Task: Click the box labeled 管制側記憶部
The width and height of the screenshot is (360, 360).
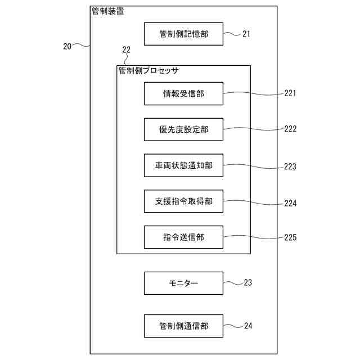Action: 183,34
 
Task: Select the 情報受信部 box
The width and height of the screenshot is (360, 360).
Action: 183,93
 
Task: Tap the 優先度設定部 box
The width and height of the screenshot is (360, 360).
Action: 183,129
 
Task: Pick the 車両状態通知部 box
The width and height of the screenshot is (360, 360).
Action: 183,165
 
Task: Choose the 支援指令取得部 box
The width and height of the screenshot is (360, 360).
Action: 183,201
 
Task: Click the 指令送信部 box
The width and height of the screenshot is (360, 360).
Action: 183,237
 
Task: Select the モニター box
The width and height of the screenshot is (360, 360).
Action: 183,283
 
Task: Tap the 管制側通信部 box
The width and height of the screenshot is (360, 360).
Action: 183,326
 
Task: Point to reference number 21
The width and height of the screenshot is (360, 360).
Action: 246,34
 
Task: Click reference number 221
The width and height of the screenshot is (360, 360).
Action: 290,93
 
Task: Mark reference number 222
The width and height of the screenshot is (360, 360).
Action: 290,129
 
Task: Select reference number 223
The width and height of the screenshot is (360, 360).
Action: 290,166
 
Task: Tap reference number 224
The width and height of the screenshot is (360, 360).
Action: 290,204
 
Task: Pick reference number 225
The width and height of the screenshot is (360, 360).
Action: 290,237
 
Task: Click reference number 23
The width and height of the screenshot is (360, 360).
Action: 247,283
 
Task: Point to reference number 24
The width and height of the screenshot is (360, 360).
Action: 247,326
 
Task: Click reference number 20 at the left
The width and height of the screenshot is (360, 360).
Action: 67,47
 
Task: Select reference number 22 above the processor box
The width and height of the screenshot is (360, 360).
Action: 126,50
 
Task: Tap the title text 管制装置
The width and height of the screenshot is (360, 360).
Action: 107,11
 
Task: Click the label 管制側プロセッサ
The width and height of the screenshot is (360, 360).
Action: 148,71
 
